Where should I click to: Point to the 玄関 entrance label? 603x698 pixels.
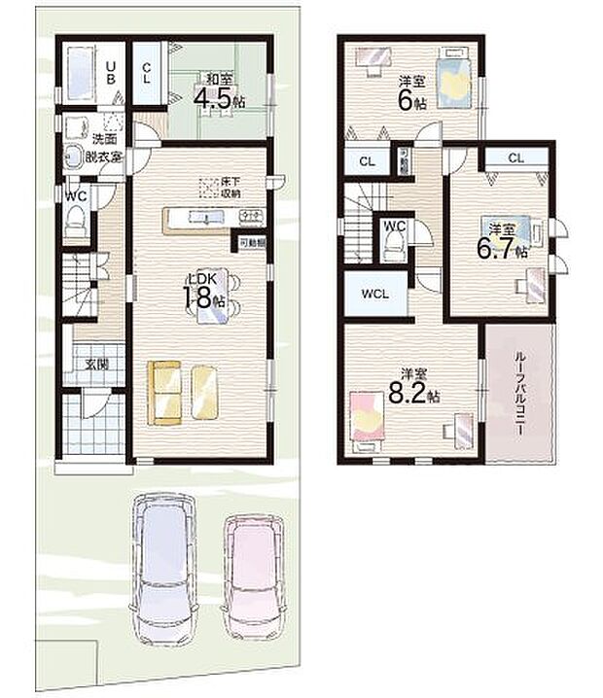click(x=94, y=365)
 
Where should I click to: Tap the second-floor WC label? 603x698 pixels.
click(x=394, y=227)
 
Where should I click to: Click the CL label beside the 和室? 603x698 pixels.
click(x=146, y=72)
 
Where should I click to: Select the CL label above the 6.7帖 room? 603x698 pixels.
click(x=514, y=157)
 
